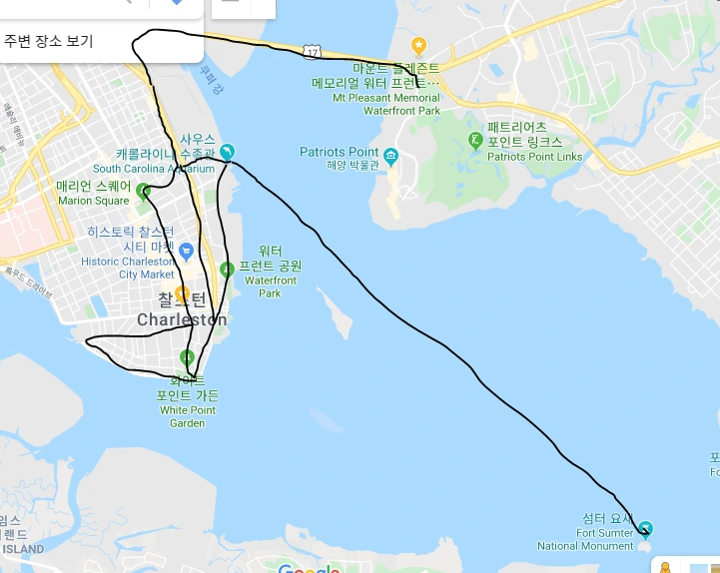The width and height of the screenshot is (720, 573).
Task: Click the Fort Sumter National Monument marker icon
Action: (645, 528)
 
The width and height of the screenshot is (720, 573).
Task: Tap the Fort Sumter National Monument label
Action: (585, 540)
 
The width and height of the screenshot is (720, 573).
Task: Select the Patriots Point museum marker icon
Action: (390, 156)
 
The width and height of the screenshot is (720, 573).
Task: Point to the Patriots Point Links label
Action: (534, 157)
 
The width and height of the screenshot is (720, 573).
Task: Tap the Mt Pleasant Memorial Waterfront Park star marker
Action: (418, 45)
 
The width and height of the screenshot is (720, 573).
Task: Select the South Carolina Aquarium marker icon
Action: (227, 152)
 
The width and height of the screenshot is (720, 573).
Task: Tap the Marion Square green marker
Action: (143, 192)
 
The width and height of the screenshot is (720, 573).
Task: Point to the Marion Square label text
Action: (93, 201)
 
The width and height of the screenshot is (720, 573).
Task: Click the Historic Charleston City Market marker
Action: (186, 250)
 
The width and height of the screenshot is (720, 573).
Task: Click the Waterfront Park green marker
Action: (227, 269)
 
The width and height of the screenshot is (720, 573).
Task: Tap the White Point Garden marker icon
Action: (187, 358)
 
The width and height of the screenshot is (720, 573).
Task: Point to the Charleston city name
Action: (182, 319)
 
